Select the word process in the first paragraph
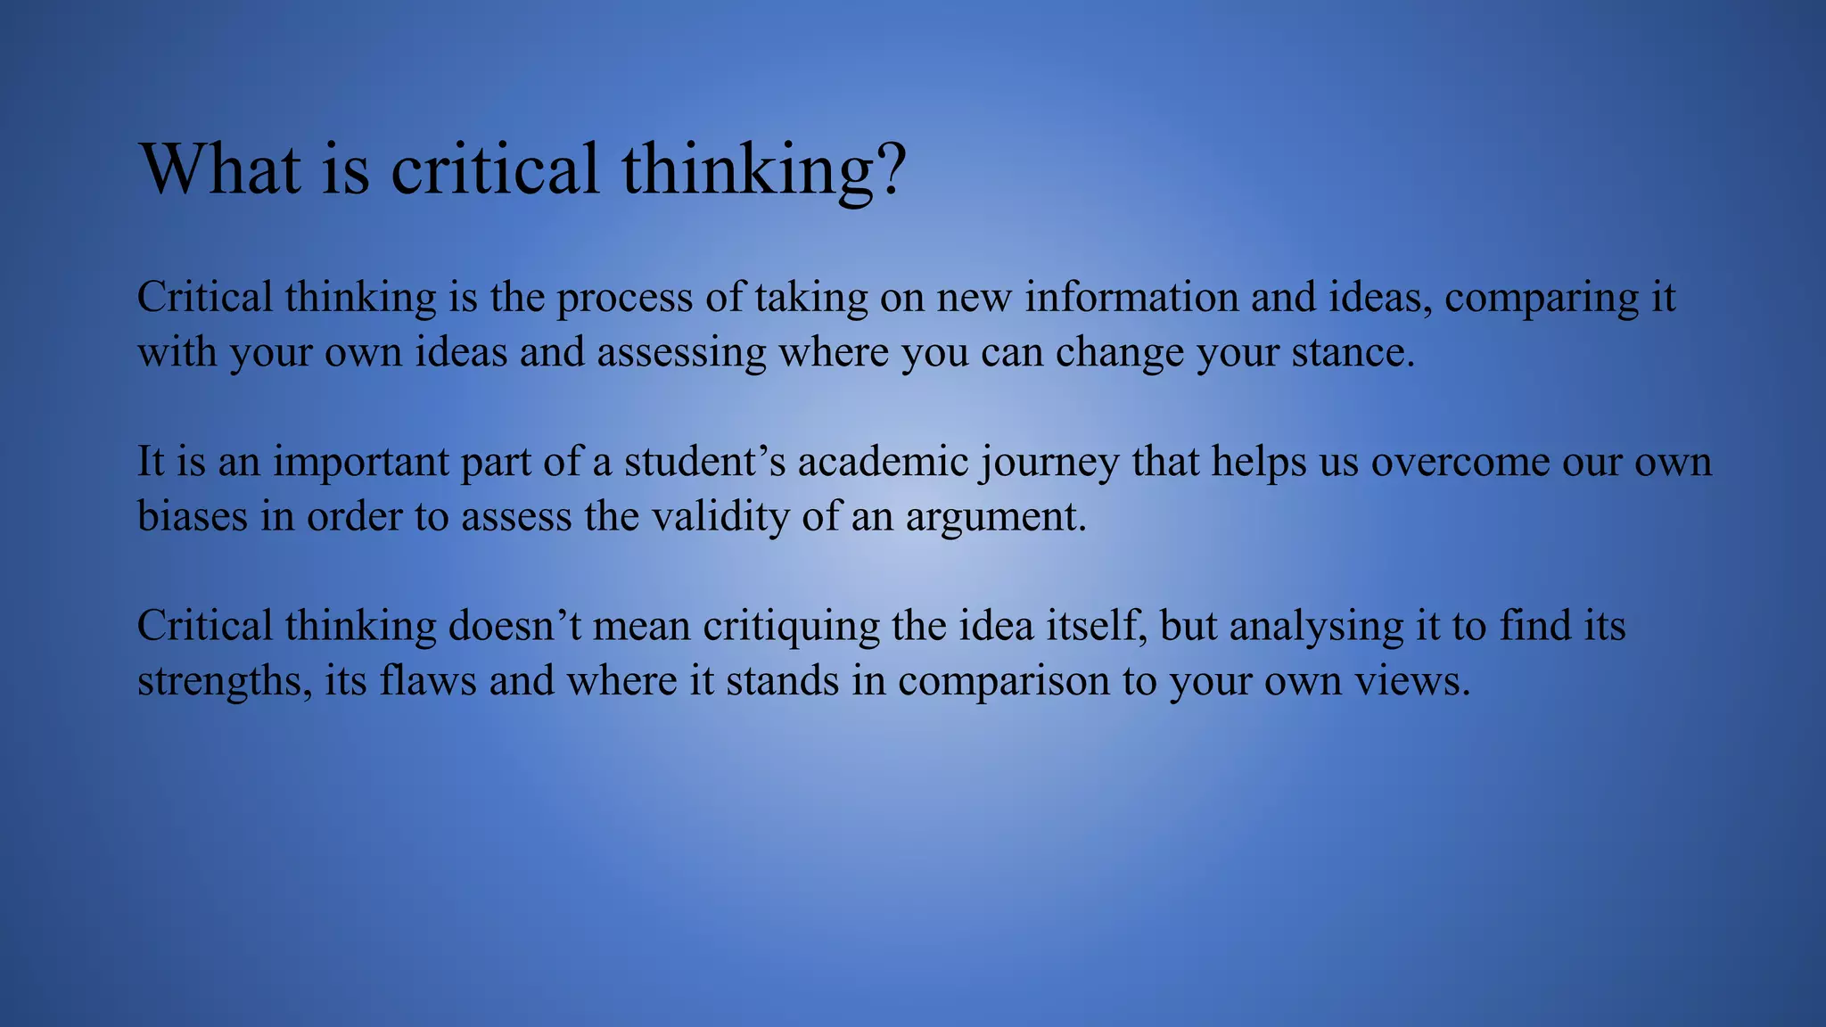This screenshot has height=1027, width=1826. tap(624, 298)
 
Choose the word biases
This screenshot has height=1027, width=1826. tap(192, 516)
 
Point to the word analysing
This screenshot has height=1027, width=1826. tap(1316, 627)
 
